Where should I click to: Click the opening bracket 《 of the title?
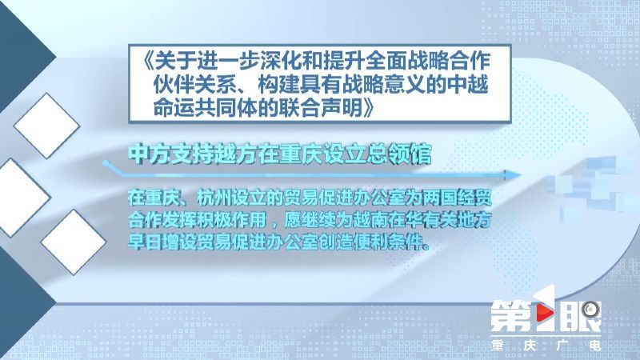pos(148,62)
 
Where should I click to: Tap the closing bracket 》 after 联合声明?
pos(368,107)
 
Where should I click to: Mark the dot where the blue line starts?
pos(106,163)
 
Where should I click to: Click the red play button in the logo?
pos(544,313)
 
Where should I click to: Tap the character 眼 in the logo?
pos(581,316)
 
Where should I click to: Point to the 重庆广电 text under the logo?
pos(546,346)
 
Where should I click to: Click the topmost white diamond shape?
pos(47,126)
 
